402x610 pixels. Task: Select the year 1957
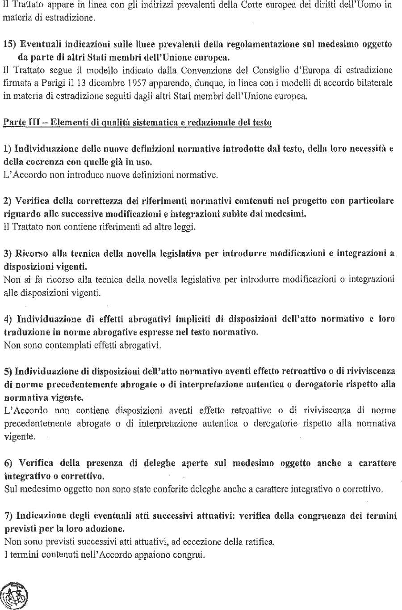(x=135, y=83)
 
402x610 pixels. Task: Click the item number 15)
(x=10, y=44)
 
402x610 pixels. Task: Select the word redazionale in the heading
(x=210, y=122)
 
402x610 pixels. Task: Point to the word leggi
(x=184, y=227)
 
